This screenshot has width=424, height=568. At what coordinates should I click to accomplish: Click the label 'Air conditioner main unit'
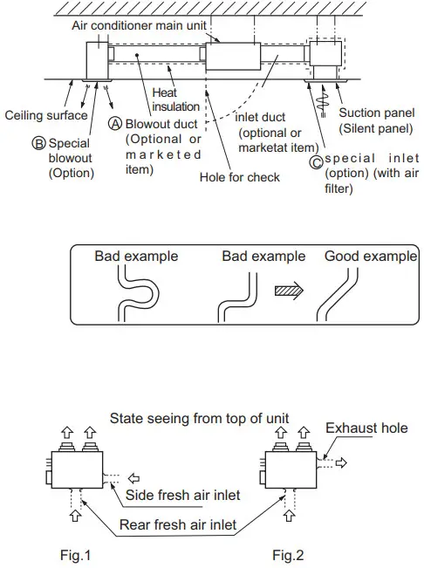(139, 26)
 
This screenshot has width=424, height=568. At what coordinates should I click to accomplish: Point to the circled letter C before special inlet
(316, 159)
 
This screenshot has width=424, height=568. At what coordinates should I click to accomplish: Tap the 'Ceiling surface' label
(46, 114)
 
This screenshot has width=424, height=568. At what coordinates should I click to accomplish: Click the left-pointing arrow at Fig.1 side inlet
(133, 478)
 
